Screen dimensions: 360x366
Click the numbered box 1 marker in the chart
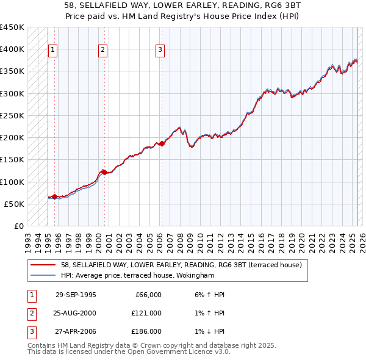pyautogui.click(x=53, y=50)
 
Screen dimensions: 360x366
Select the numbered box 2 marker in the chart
pyautogui.click(x=102, y=50)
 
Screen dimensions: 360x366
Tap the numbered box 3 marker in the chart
pyautogui.click(x=160, y=50)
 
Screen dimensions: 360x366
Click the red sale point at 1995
pyautogui.click(x=55, y=196)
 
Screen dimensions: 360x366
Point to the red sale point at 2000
pyautogui.click(x=104, y=172)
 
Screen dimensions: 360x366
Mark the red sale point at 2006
pyautogui.click(x=162, y=143)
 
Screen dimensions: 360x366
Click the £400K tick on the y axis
pyautogui.click(x=12, y=49)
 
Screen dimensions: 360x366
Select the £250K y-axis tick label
pyautogui.click(x=12, y=115)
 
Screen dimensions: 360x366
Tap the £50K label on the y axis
pyautogui.click(x=15, y=204)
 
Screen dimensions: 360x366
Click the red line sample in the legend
pyautogui.click(x=43, y=265)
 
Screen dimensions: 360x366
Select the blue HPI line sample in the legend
pyautogui.click(x=43, y=275)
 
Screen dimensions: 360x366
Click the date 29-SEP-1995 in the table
pyautogui.click(x=76, y=295)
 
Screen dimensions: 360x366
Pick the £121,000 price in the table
pyautogui.click(x=146, y=313)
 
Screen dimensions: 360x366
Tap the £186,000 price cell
pyautogui.click(x=146, y=331)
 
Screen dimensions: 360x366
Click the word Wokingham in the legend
pyautogui.click(x=196, y=275)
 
